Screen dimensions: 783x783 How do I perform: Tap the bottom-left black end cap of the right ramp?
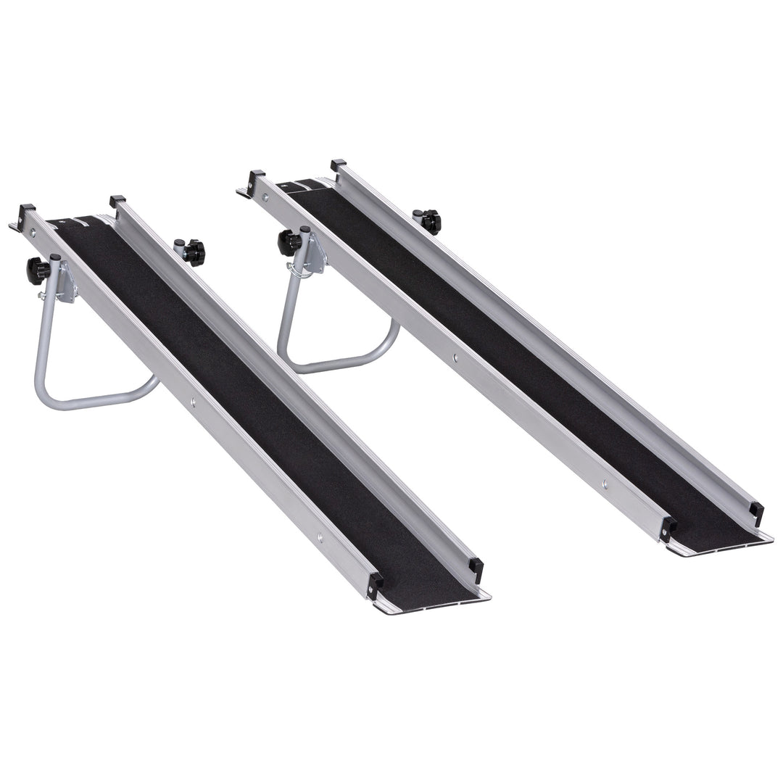[666, 529]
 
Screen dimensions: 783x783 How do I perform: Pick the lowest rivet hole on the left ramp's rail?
[320, 537]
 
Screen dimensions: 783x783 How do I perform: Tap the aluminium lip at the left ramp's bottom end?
[435, 604]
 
